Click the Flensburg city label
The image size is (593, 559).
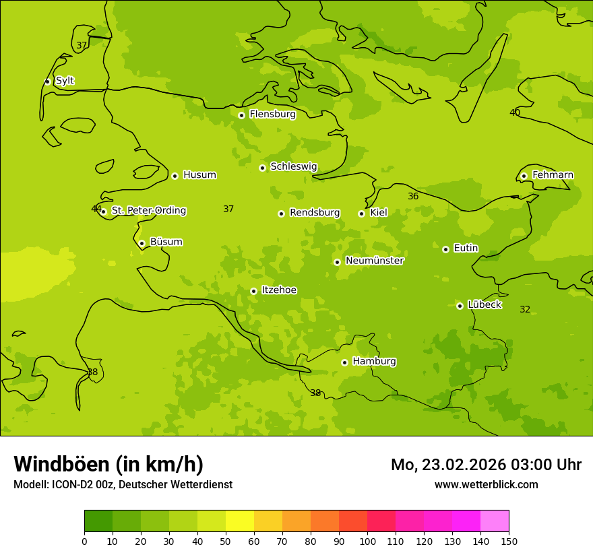click(272, 114)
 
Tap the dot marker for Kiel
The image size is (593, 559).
click(361, 213)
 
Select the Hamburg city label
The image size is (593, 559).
click(374, 362)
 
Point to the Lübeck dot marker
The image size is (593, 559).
click(460, 306)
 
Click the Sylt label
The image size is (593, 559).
click(65, 81)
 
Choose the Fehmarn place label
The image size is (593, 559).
click(553, 175)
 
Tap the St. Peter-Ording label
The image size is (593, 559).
click(148, 211)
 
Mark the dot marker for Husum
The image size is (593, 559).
click(175, 176)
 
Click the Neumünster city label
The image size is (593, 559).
click(374, 261)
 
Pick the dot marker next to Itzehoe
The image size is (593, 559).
click(253, 291)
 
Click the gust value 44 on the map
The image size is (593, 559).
click(96, 209)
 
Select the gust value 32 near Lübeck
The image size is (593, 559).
click(525, 309)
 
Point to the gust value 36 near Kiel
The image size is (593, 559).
click(413, 196)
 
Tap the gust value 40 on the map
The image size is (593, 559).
click(515, 112)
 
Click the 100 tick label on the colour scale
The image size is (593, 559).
click(367, 541)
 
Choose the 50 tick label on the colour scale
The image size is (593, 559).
click(226, 541)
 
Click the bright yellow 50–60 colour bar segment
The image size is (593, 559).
click(240, 521)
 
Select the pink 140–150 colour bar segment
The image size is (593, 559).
click(495, 521)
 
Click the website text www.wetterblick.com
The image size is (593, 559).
click(486, 484)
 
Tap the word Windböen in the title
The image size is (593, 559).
click(61, 464)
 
